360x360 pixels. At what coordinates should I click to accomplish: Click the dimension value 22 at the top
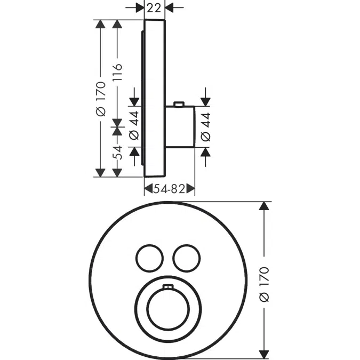click(155, 7)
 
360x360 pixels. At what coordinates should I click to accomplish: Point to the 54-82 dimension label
click(169, 188)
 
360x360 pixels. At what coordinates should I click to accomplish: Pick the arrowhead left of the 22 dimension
click(140, 7)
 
